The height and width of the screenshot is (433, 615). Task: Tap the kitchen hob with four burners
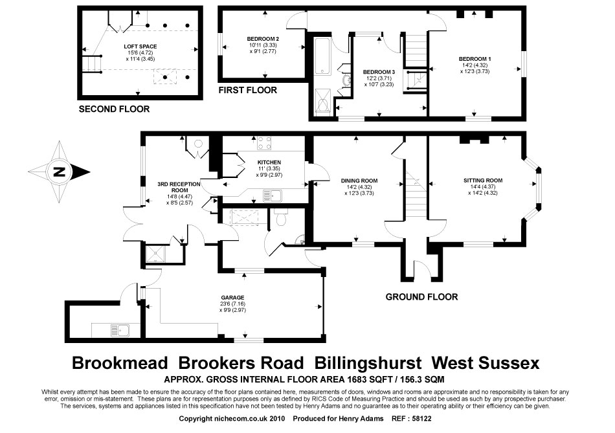click(265, 144)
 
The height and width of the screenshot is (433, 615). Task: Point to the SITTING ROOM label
click(482, 180)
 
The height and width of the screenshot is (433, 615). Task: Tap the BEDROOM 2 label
click(263, 37)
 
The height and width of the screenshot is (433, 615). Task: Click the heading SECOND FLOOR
click(114, 109)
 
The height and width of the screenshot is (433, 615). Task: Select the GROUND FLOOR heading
click(421, 297)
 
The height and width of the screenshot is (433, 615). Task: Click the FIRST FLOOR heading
click(248, 90)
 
